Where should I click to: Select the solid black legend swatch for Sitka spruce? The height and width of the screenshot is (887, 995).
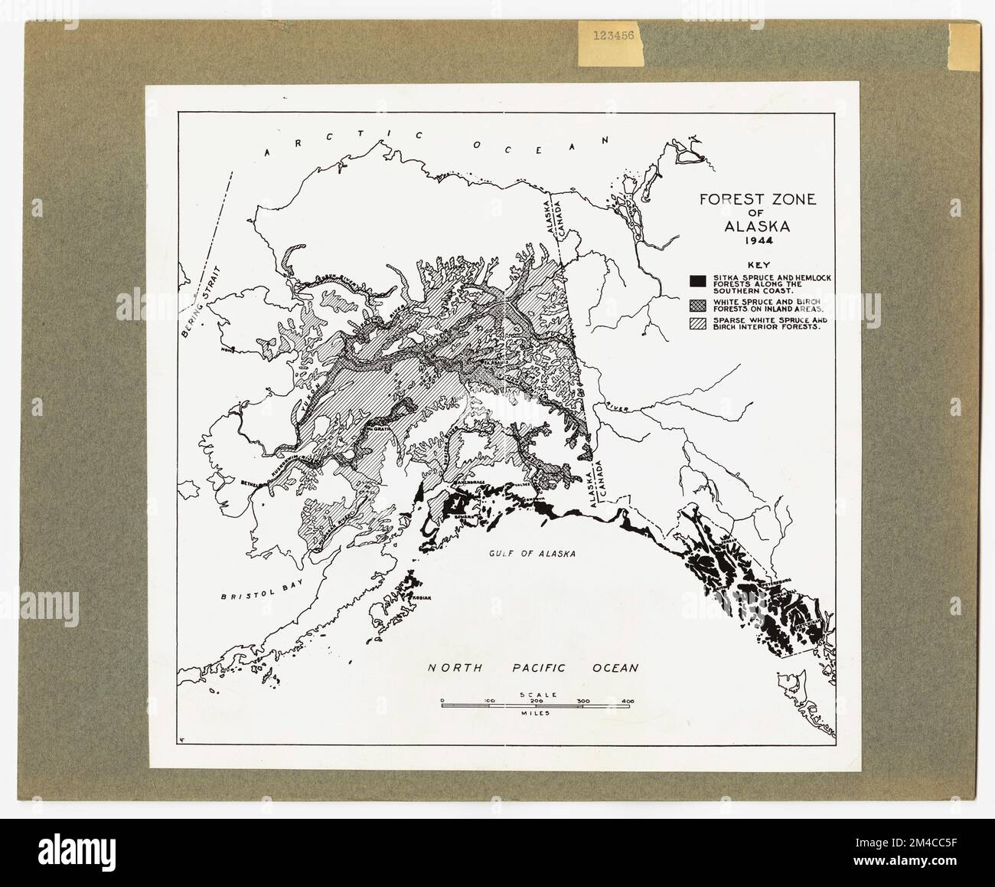[x=696, y=279]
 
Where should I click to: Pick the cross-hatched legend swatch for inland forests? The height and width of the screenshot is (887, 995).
[x=696, y=301]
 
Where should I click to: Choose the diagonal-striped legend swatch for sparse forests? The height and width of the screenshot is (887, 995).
[x=696, y=322]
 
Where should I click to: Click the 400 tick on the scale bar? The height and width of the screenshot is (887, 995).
[x=628, y=700]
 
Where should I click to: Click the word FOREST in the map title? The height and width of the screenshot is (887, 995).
[x=726, y=201]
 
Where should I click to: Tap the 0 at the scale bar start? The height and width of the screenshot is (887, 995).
[x=442, y=700]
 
